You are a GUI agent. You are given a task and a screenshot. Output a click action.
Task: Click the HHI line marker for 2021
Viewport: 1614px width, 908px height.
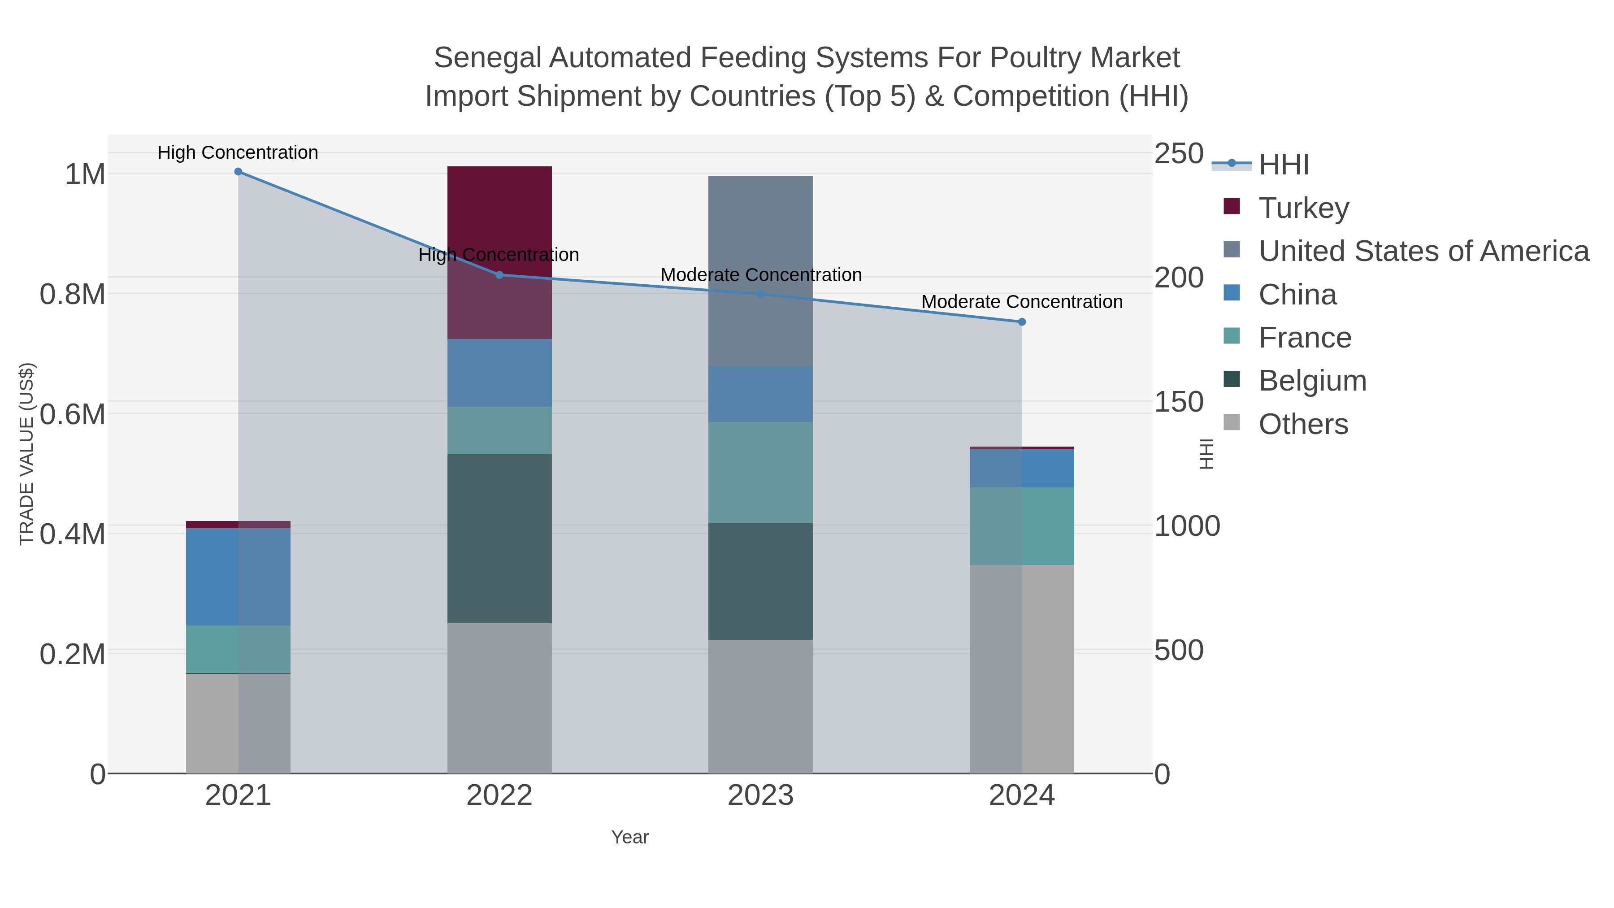click(x=238, y=172)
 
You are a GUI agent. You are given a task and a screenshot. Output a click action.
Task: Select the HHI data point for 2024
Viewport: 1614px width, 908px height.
click(x=1022, y=322)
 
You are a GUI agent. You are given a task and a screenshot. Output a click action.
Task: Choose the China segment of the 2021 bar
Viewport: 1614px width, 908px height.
click(x=238, y=577)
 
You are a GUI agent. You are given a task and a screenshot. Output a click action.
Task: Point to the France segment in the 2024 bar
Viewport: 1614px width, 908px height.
click(x=1022, y=526)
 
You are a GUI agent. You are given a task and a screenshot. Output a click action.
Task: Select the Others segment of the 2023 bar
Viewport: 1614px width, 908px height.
click(x=760, y=706)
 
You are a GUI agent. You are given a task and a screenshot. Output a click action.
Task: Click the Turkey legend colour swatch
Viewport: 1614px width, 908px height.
click(x=1231, y=207)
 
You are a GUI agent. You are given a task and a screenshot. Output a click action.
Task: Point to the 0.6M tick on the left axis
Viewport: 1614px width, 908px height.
click(x=73, y=414)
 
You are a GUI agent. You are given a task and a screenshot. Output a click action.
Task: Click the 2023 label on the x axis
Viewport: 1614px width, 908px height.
click(x=760, y=796)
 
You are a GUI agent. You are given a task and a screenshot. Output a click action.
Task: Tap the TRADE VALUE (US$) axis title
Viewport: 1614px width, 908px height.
click(x=26, y=454)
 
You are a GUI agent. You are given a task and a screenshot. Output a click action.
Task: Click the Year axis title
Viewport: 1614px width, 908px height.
click(x=630, y=837)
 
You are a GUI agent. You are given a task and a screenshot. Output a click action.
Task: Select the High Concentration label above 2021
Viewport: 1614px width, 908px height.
click(x=238, y=153)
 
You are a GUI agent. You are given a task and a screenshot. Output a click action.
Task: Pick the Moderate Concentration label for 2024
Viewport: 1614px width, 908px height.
click(x=1021, y=302)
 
